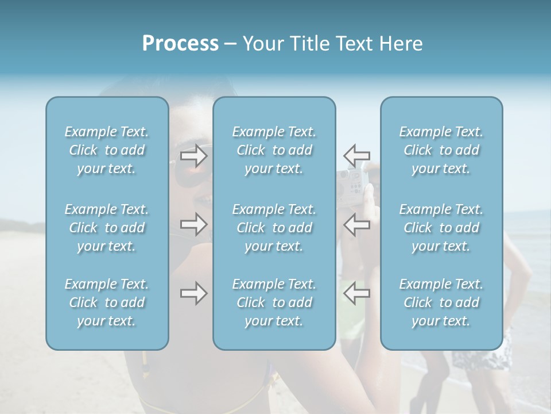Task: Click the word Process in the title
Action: pyautogui.click(x=180, y=44)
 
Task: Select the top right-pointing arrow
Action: pyautogui.click(x=193, y=155)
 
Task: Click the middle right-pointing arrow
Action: pyautogui.click(x=193, y=224)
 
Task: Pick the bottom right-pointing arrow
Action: pyautogui.click(x=193, y=293)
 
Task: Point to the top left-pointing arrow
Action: pyautogui.click(x=356, y=155)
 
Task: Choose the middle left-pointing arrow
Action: pyautogui.click(x=356, y=224)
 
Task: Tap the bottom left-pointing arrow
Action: pyautogui.click(x=356, y=293)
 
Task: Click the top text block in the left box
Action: pyautogui.click(x=107, y=150)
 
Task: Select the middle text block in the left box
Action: pyautogui.click(x=107, y=228)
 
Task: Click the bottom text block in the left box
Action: pyautogui.click(x=107, y=302)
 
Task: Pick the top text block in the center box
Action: pyautogui.click(x=274, y=150)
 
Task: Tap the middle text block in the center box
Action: pyautogui.click(x=274, y=228)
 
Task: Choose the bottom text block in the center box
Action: pyautogui.click(x=274, y=302)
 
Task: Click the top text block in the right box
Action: pyautogui.click(x=441, y=150)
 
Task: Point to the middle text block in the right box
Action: pyautogui.click(x=441, y=228)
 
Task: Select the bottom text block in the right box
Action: pyautogui.click(x=441, y=302)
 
